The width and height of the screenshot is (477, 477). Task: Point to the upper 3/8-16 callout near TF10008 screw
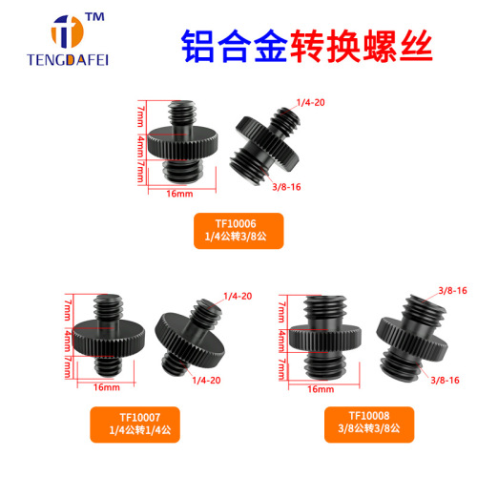450,289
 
